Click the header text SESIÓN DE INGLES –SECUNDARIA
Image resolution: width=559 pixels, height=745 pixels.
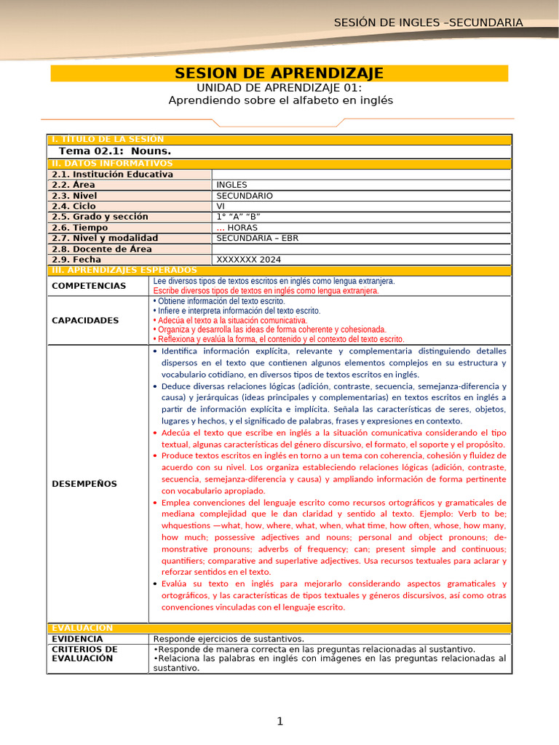[x=428, y=23]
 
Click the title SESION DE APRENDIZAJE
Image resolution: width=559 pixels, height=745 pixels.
[x=279, y=73]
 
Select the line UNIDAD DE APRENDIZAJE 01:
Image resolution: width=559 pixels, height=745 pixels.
[x=279, y=87]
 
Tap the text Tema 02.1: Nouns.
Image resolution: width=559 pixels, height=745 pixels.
[x=114, y=151]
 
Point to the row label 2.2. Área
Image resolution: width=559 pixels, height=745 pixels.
[x=74, y=185]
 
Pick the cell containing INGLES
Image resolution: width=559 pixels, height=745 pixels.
[x=232, y=185]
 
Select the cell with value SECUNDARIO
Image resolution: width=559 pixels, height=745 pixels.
[x=245, y=196]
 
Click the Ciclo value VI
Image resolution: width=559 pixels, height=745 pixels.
[x=221, y=206]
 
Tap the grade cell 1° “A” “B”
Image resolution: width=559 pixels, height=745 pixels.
[x=238, y=217]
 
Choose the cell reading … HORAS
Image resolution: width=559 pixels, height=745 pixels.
[x=237, y=227]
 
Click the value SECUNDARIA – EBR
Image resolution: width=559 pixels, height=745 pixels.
[x=258, y=238]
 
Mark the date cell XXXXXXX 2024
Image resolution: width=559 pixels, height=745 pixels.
[x=248, y=259]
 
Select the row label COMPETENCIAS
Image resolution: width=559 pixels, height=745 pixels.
[x=89, y=286]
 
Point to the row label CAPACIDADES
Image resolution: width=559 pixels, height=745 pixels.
[x=85, y=320]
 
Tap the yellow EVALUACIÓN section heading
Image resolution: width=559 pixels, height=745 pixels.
[x=82, y=627]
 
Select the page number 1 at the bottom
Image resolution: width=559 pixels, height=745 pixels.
[x=279, y=721]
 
